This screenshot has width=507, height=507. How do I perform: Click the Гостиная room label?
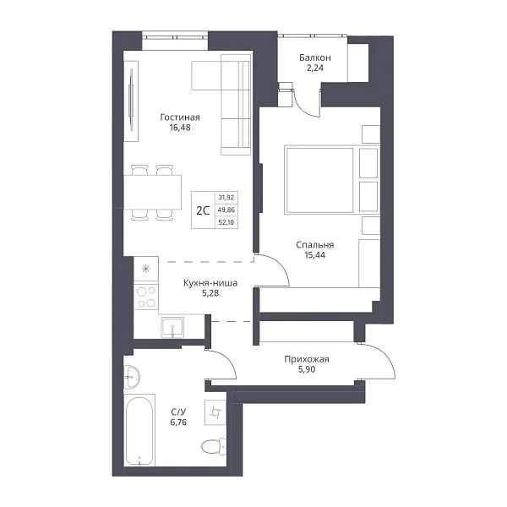(x=180, y=117)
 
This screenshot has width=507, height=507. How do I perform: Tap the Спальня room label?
(x=315, y=245)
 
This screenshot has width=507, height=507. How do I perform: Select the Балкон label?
(x=315, y=57)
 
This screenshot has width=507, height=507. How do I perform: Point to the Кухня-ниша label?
(x=210, y=283)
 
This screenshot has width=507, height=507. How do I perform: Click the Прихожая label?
(x=307, y=359)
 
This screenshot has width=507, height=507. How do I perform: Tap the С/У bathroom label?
(x=178, y=412)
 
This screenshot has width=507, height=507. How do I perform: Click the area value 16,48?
(x=180, y=128)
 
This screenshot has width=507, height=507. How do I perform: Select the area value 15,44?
(x=315, y=255)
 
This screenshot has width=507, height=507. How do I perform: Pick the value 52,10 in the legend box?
(x=226, y=222)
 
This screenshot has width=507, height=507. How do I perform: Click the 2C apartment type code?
(x=203, y=210)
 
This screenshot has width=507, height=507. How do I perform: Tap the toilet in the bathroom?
(x=214, y=446)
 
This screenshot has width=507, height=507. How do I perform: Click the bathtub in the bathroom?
(x=139, y=430)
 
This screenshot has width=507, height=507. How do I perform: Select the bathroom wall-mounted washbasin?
(x=132, y=377)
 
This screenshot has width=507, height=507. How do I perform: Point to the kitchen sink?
(x=172, y=327)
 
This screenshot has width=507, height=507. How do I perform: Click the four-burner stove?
(x=146, y=297)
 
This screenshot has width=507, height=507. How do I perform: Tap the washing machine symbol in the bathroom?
(x=215, y=412)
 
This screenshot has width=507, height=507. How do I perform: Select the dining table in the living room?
(x=153, y=192)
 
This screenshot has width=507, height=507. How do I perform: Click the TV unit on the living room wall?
(x=131, y=101)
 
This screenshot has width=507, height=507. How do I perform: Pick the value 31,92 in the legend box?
(x=226, y=197)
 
